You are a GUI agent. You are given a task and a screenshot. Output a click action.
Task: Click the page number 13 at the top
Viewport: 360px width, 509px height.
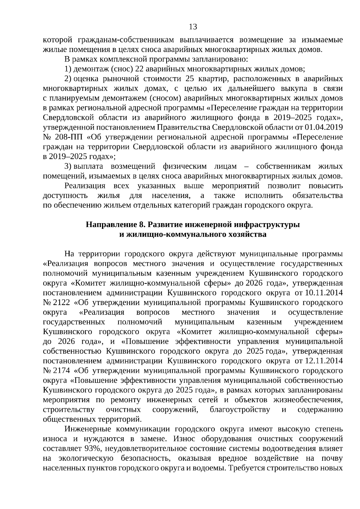(x=193, y=27)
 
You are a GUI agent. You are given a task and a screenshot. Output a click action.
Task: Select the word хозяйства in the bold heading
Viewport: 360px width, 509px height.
(x=247, y=234)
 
